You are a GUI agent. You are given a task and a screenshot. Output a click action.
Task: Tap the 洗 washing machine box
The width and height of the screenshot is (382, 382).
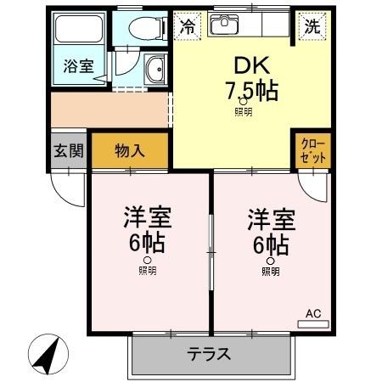(313, 25)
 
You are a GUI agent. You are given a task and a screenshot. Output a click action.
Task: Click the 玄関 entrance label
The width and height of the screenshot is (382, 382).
(69, 151)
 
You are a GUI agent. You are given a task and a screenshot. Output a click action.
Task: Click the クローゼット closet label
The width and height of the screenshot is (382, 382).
(313, 151)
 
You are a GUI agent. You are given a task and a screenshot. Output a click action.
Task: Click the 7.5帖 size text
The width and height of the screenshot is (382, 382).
(250, 90)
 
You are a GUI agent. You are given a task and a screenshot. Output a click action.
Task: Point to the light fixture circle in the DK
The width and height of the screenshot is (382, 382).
(243, 101)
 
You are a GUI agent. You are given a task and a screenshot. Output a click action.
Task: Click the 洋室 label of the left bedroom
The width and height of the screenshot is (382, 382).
(149, 217)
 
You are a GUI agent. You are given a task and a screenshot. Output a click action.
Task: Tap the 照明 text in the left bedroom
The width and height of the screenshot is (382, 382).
(149, 271)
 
